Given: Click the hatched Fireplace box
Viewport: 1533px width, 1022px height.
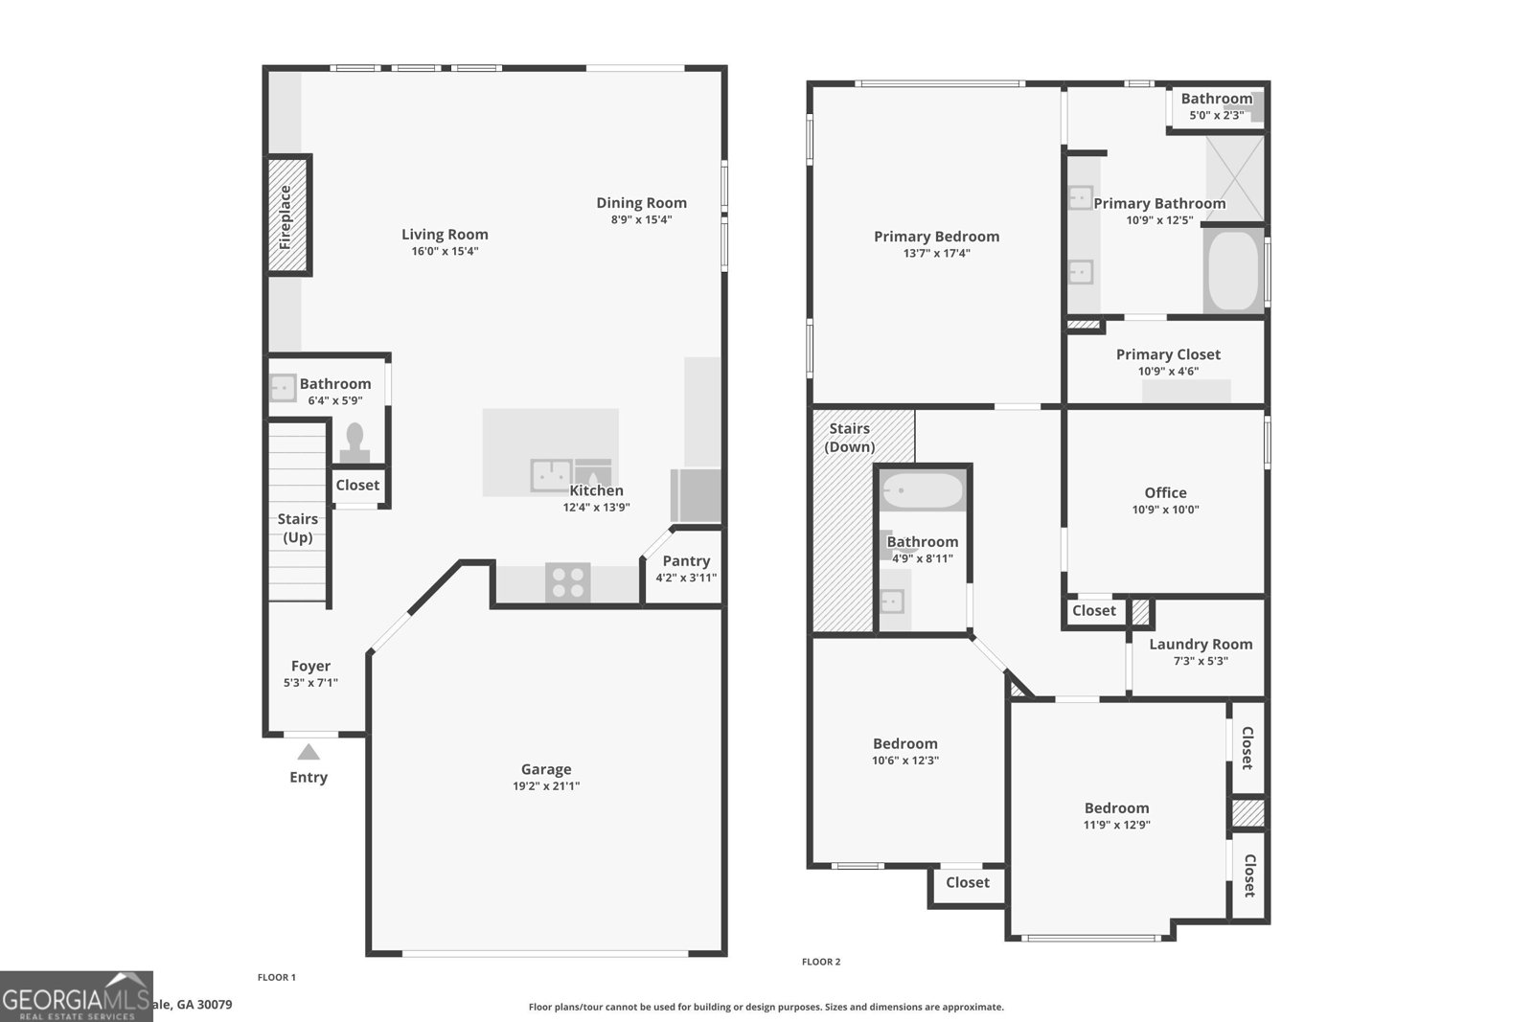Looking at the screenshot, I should (286, 216).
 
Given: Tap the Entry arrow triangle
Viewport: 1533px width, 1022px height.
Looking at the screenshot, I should (308, 753).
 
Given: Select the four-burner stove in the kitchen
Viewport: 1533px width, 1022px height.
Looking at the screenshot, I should (568, 582).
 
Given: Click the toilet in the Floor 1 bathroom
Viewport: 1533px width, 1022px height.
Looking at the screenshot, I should (355, 443).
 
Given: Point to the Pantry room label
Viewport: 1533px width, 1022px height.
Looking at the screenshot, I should (686, 561).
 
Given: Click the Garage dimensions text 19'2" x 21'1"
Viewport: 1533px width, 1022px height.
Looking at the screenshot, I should (546, 786).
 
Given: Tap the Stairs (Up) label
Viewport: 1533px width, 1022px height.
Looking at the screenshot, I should (297, 528).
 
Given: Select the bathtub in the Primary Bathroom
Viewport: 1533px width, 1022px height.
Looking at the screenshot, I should (1233, 271).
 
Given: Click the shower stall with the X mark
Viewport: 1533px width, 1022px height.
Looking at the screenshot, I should (1234, 179).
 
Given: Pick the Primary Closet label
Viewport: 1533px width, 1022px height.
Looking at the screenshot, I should (1168, 354).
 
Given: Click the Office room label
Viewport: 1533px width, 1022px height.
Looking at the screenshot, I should (1165, 492).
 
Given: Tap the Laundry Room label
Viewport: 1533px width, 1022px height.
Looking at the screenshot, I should (1201, 645).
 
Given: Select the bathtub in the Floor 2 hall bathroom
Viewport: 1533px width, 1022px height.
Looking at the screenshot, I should (923, 491).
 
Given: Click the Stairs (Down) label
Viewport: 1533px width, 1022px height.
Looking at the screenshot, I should (850, 438).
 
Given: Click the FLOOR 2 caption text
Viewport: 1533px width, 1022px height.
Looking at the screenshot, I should (821, 962).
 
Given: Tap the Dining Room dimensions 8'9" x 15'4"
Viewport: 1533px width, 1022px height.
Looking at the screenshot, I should (642, 220).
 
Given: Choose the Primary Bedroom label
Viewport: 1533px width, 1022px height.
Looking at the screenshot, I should (936, 237).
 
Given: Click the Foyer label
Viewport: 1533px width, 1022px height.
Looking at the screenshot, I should (310, 666).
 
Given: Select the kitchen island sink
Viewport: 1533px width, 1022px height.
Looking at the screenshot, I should (551, 475).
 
